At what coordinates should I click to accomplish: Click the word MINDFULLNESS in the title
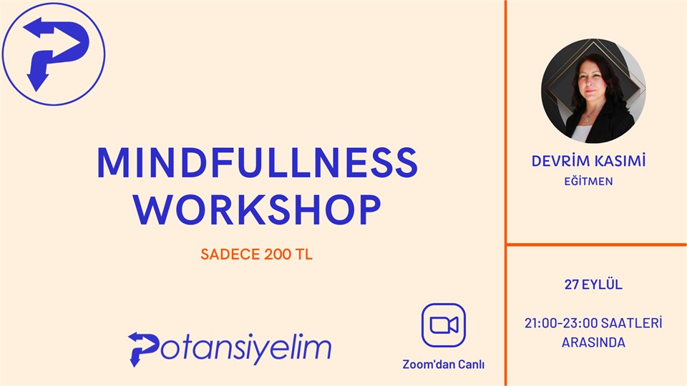257,162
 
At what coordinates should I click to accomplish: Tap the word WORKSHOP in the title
257,209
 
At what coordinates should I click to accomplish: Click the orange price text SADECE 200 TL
256,254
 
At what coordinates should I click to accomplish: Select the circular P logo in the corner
54,54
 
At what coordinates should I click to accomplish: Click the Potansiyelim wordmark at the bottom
230,349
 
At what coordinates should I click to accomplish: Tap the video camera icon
444,325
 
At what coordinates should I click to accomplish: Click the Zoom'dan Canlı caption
444,364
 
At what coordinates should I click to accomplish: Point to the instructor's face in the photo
591,83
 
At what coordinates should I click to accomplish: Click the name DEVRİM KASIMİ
588,161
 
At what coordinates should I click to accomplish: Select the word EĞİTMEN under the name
588,181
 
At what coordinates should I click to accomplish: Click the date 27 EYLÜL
593,284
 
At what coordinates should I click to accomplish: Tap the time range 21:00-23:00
561,323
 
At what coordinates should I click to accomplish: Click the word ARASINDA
593,342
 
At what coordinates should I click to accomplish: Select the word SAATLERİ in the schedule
631,323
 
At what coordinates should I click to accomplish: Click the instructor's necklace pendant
586,119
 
